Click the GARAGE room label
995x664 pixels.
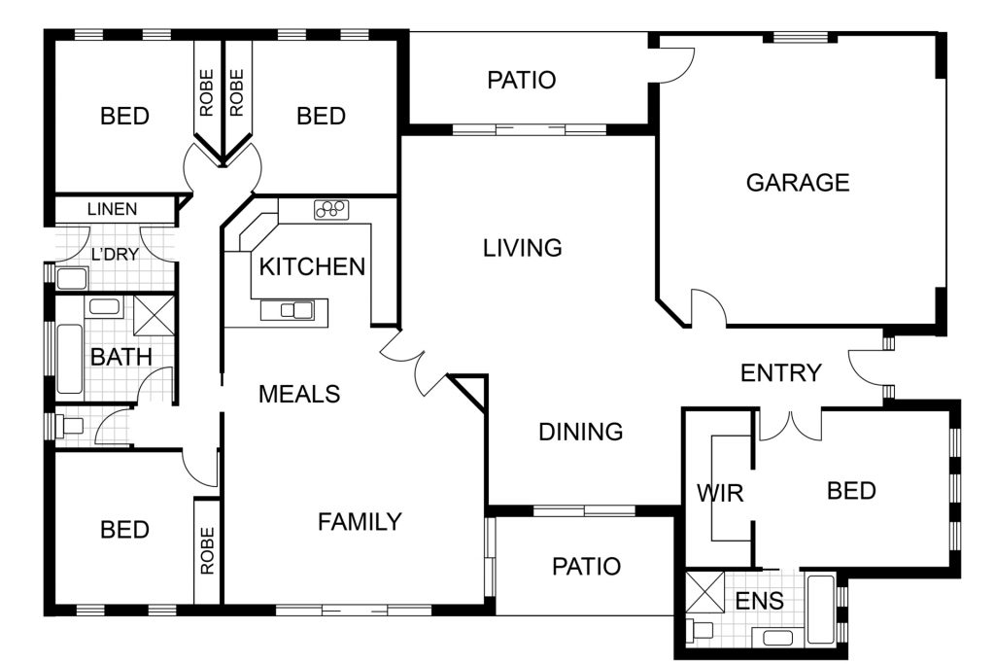tap(798, 183)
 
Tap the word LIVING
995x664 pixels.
tap(522, 248)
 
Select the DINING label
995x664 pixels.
tap(581, 432)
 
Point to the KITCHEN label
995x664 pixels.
tap(312, 266)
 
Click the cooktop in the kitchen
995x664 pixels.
tap(330, 209)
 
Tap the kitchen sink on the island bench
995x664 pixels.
tap(296, 310)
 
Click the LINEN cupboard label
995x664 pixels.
tap(113, 209)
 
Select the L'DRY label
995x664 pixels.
tap(115, 255)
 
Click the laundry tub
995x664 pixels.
tap(72, 279)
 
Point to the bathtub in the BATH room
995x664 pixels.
tap(69, 360)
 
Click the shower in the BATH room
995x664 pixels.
tap(154, 315)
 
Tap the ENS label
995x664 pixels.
tap(760, 600)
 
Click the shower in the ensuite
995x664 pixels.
tap(705, 592)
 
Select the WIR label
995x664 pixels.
tap(720, 493)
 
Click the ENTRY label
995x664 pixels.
tap(781, 372)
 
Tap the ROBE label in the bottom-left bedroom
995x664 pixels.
tap(208, 550)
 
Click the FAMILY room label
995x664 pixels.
tap(360, 522)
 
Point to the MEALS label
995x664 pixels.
tap(299, 394)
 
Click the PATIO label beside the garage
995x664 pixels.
tap(522, 80)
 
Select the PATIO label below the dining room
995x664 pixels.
tap(586, 566)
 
